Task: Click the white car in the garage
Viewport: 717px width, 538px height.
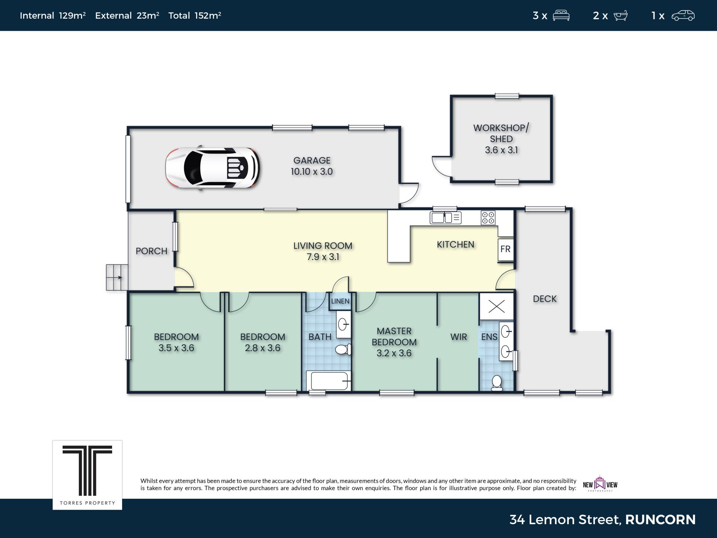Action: [x=212, y=167]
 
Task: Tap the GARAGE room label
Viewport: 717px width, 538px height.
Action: [x=312, y=160]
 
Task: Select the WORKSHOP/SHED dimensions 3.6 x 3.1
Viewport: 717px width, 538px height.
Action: [x=501, y=150]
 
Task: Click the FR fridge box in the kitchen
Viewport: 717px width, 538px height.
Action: [x=506, y=249]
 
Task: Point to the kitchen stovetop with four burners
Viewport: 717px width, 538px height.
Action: [x=488, y=218]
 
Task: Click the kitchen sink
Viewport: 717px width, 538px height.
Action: [x=446, y=218]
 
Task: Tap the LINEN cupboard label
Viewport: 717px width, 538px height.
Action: [x=340, y=301]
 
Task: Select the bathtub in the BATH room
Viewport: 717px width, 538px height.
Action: [x=329, y=381]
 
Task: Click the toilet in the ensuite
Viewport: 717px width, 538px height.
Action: [x=497, y=383]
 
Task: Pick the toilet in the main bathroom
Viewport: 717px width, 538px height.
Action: [x=343, y=349]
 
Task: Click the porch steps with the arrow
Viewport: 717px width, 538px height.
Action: [x=117, y=277]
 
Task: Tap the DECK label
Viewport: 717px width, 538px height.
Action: [x=544, y=299]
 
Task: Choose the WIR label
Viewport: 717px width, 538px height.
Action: [x=459, y=337]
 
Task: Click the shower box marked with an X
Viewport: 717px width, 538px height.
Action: [x=497, y=306]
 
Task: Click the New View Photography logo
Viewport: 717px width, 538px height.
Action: [x=600, y=484]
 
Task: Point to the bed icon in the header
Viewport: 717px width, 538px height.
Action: [x=561, y=15]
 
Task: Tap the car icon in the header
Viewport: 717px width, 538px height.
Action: [x=683, y=15]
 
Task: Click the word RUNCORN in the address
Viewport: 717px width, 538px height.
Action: [x=660, y=520]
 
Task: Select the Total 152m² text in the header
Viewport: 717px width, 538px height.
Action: [x=195, y=15]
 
